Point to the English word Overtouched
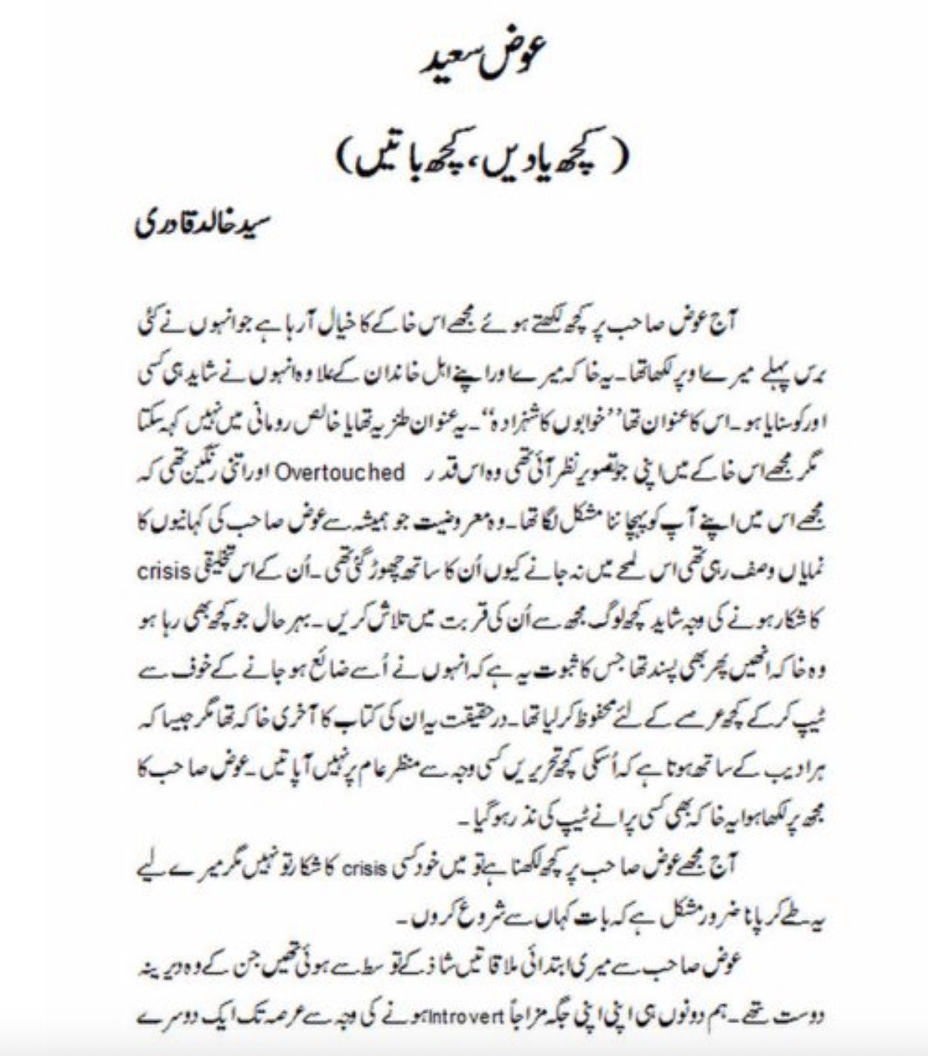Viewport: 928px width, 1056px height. pyautogui.click(x=352, y=474)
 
